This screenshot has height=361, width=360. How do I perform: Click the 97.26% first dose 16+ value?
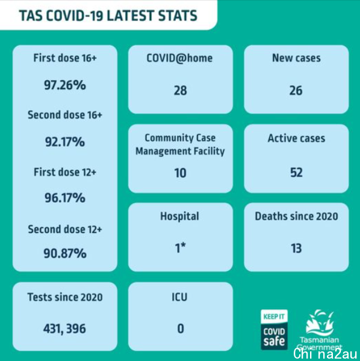[65, 85]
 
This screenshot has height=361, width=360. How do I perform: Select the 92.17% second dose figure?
[65, 142]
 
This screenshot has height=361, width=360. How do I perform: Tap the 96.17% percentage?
[65, 198]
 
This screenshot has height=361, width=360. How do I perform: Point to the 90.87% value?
[65, 253]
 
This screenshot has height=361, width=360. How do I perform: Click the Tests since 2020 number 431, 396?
[64, 329]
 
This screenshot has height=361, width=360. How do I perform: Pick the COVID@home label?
[179, 58]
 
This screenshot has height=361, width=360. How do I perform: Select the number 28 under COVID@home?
[181, 90]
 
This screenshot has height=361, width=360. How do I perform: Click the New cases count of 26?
[296, 90]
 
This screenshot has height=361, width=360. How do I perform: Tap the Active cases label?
[296, 138]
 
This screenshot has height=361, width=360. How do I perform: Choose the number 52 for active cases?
[296, 173]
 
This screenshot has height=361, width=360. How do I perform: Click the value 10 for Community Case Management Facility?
[181, 173]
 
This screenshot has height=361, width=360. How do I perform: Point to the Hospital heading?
[179, 217]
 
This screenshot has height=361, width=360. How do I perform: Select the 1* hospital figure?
[181, 248]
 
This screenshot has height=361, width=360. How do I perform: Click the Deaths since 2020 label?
[296, 216]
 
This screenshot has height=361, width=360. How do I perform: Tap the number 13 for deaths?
[296, 248]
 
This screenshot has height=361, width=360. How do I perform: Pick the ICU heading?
[179, 297]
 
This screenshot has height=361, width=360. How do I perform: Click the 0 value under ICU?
[181, 329]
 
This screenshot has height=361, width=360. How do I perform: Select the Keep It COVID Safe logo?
[274, 330]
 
